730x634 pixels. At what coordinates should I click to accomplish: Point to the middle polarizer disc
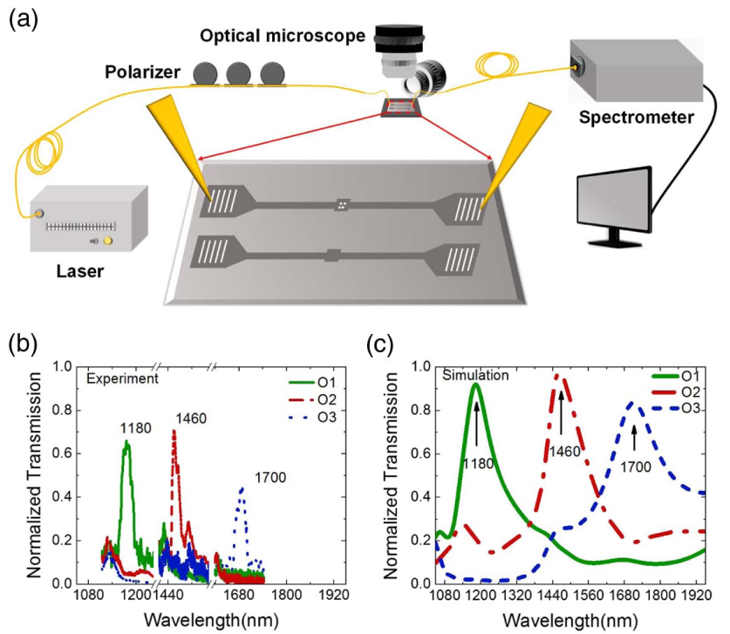(x=239, y=73)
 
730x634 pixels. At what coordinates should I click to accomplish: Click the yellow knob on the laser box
(x=108, y=241)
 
